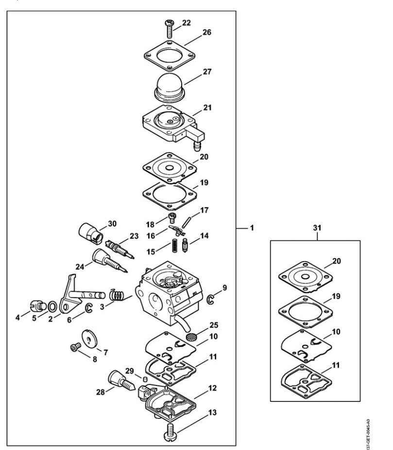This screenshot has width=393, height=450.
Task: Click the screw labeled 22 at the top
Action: pyautogui.click(x=170, y=29)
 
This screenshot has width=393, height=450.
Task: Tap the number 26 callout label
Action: pyautogui.click(x=207, y=32)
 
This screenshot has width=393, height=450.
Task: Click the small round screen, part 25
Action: pyautogui.click(x=190, y=336)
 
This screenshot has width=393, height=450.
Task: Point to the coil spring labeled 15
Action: pyautogui.click(x=174, y=246)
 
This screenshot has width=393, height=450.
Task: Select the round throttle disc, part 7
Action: pyautogui.click(x=89, y=339)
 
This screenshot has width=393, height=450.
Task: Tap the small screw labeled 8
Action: pyautogui.click(x=76, y=348)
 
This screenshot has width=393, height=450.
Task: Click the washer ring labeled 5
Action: pyautogui.click(x=52, y=306)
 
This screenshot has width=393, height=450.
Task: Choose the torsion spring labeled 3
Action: pyautogui.click(x=117, y=295)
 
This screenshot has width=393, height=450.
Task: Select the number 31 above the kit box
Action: pyautogui.click(x=317, y=228)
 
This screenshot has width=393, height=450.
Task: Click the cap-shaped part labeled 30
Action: pyautogui.click(x=90, y=233)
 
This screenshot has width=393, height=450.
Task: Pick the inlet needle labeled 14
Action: pyautogui.click(x=185, y=246)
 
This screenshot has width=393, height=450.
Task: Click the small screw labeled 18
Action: pyautogui.click(x=172, y=218)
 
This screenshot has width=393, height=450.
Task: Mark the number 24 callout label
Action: pyautogui.click(x=80, y=267)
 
